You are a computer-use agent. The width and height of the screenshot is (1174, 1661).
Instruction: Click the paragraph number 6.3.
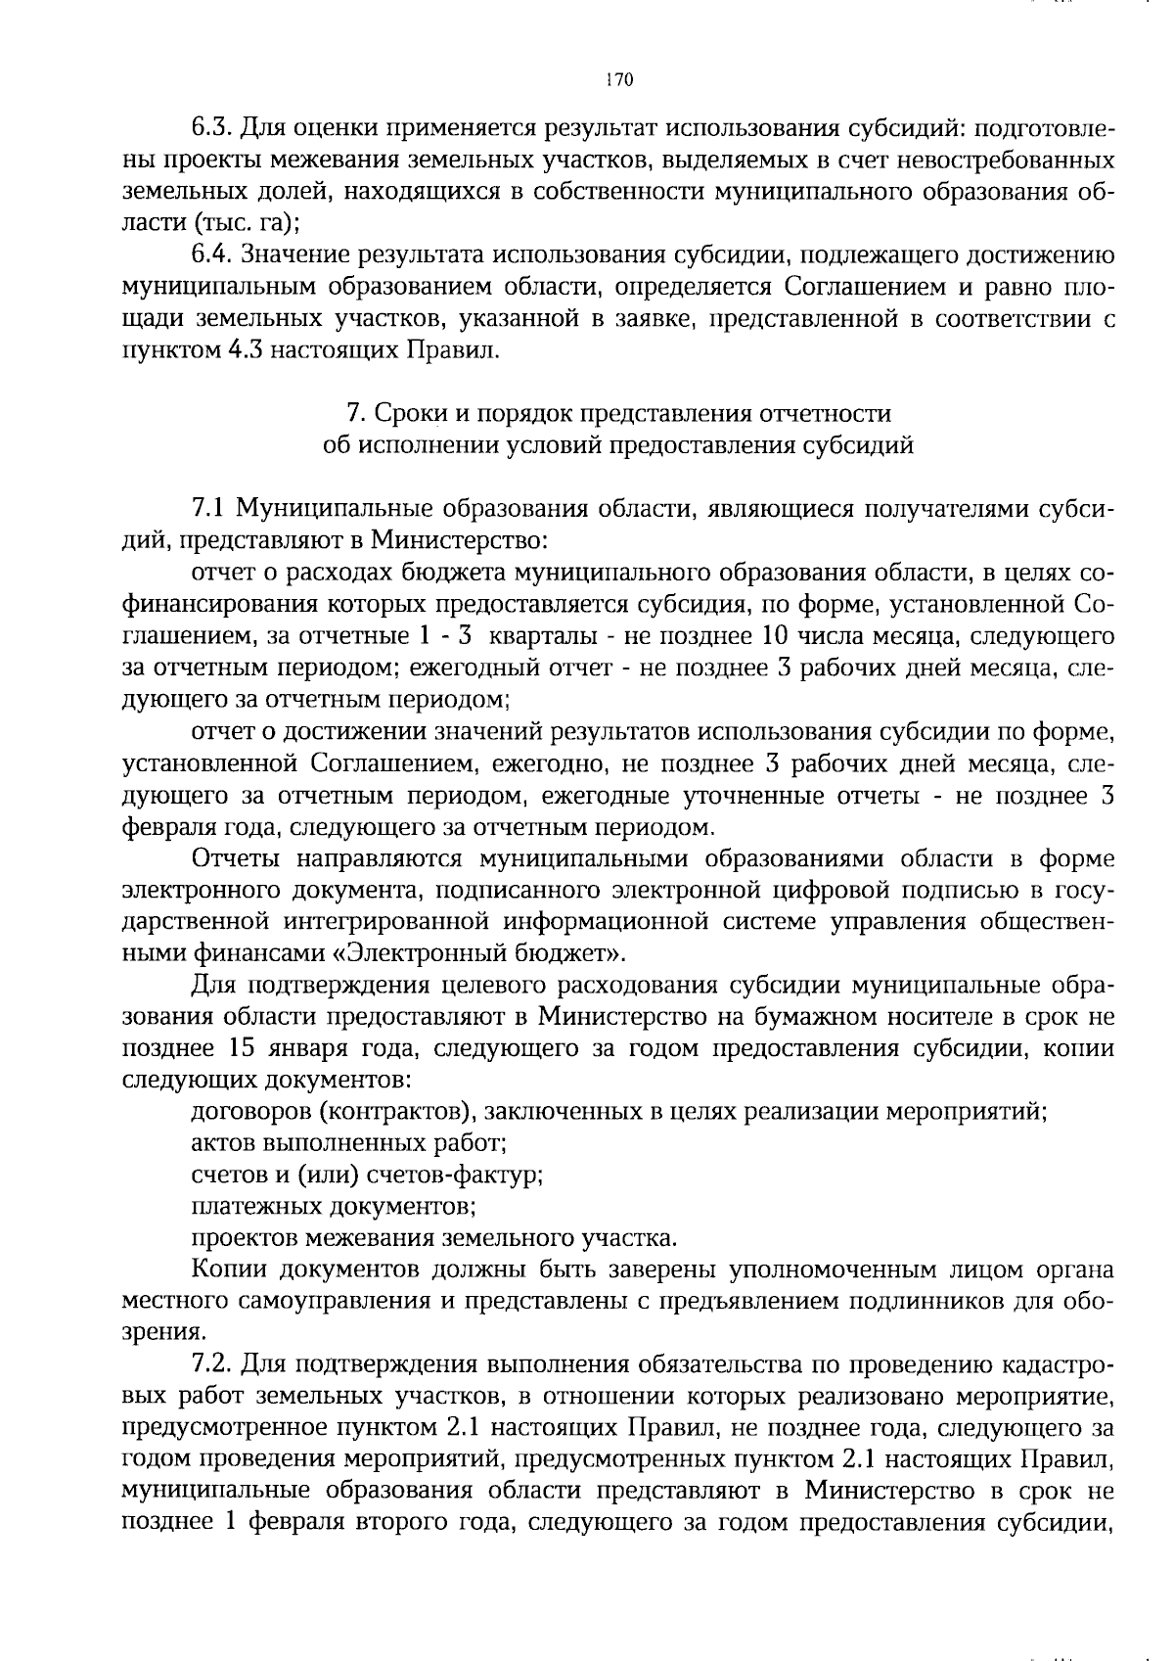tap(209, 127)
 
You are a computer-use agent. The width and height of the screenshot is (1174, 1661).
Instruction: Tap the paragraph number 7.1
tap(209, 509)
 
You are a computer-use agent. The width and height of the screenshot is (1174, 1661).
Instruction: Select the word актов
tap(221, 1143)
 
